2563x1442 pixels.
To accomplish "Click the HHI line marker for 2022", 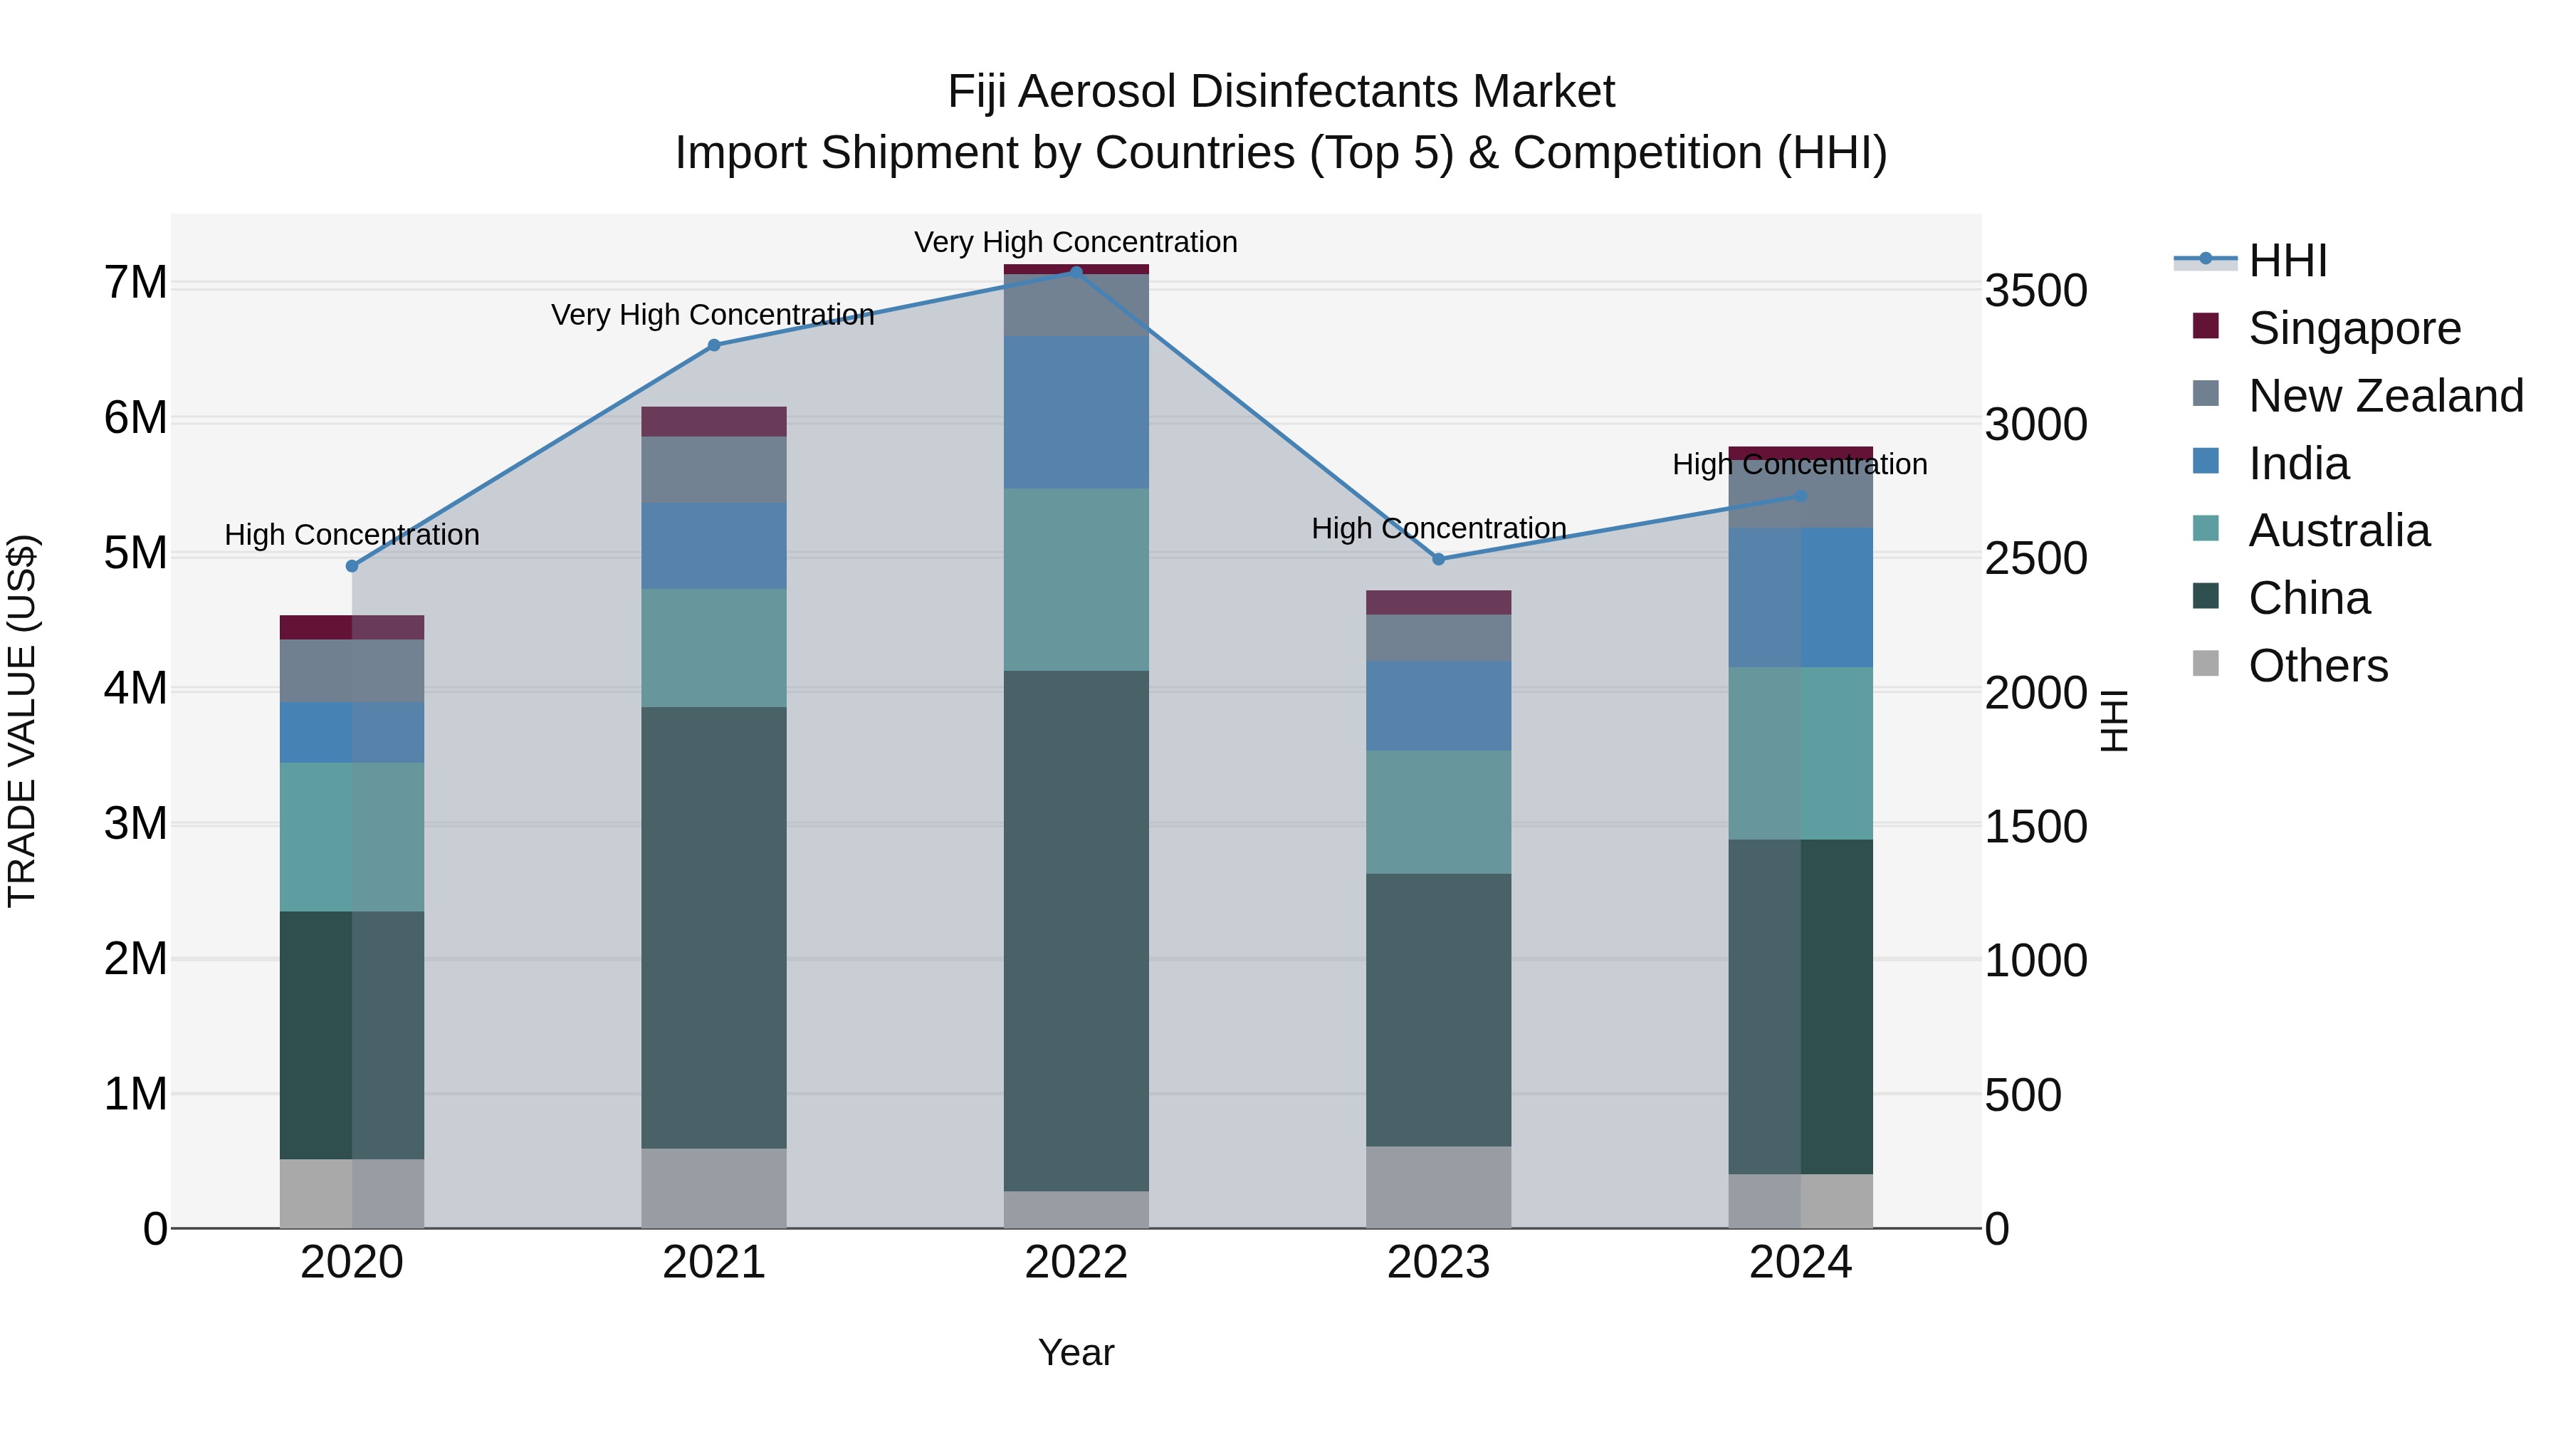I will click(x=1076, y=272).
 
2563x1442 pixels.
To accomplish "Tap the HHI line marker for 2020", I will click(x=351, y=566).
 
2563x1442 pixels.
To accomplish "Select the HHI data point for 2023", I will click(x=1437, y=559).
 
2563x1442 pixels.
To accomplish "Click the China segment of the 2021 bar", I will click(x=713, y=927).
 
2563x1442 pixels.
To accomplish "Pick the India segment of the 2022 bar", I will click(x=1076, y=412).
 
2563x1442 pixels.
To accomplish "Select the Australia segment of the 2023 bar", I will click(x=1437, y=812).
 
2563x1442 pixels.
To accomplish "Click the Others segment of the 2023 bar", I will click(x=1437, y=1187).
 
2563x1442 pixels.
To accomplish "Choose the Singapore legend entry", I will click(x=2354, y=328).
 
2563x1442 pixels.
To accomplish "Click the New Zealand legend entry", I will click(x=2385, y=396).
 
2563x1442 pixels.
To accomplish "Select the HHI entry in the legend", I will click(x=2286, y=261).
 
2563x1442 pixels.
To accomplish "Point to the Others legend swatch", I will click(x=2206, y=664).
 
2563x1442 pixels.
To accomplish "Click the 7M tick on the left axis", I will click(x=136, y=283).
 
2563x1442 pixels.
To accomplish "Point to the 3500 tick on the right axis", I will click(x=2035, y=291).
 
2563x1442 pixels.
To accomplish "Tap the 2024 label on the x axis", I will click(x=1800, y=1263).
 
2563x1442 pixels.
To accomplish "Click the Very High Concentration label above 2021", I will click(x=713, y=315).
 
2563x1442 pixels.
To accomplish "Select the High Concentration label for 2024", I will click(x=1799, y=465).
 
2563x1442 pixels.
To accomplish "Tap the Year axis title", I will click(x=1076, y=1352).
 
